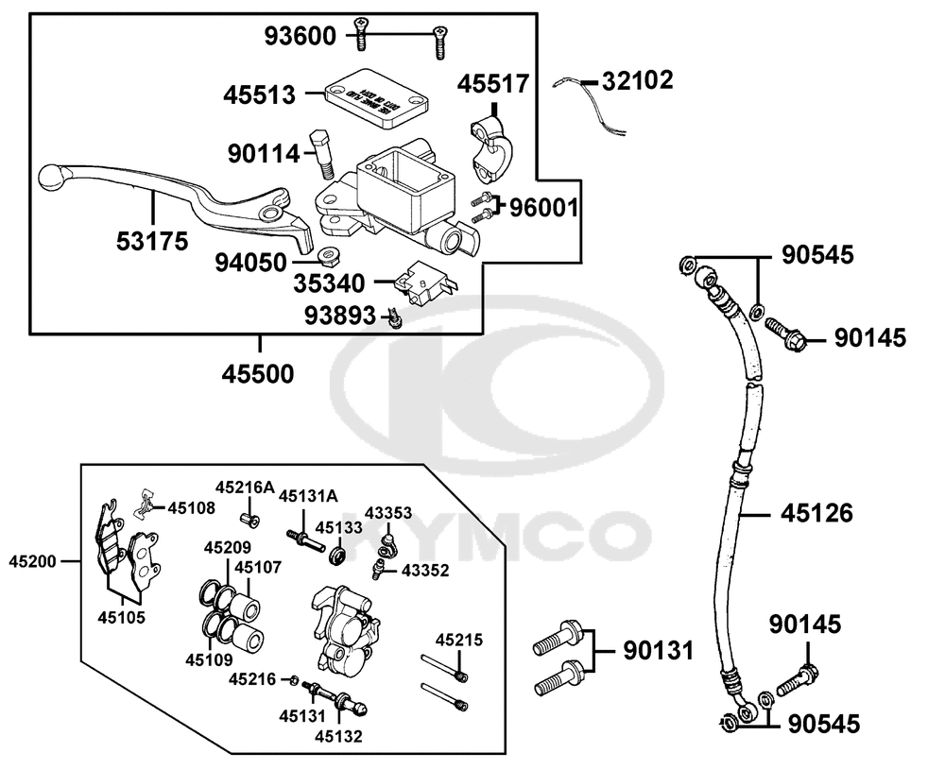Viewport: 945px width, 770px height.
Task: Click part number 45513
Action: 259,94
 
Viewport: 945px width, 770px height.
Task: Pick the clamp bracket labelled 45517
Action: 491,146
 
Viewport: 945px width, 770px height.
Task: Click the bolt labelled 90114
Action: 322,154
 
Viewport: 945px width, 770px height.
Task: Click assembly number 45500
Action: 258,373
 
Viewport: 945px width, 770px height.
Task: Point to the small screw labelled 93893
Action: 396,319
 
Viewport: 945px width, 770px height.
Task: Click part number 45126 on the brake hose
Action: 816,513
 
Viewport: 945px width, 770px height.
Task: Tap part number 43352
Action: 424,570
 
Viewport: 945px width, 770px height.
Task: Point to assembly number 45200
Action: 31,560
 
